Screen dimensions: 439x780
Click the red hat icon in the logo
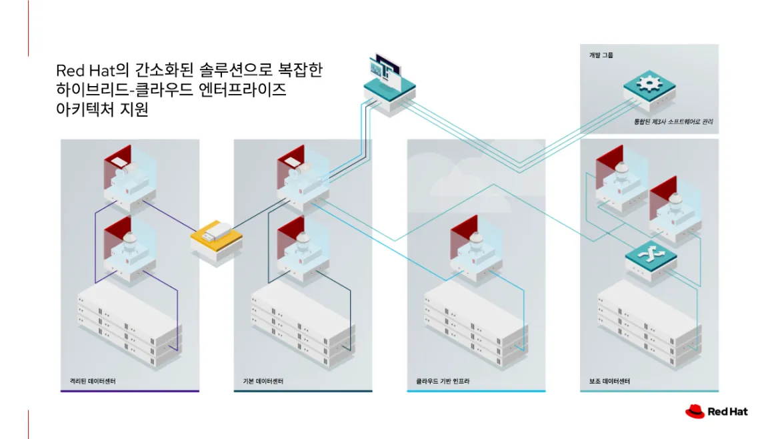(695, 411)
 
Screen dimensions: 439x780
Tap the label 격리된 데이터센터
(88, 382)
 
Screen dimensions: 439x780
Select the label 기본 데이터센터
(263, 382)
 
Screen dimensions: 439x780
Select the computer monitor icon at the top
(385, 71)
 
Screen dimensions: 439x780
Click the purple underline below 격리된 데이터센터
(130, 391)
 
